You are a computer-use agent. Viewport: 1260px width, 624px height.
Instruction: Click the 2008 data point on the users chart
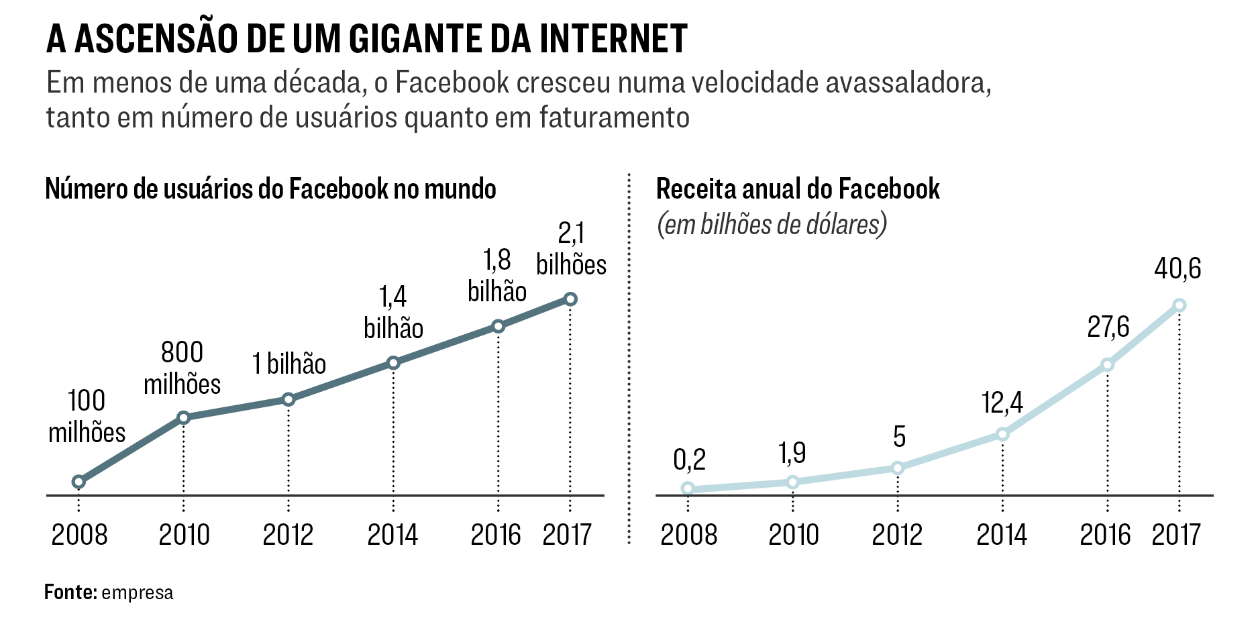pos(78,482)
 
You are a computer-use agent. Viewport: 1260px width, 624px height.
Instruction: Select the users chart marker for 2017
pos(570,299)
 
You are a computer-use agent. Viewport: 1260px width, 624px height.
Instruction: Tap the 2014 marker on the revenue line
pos(1002,434)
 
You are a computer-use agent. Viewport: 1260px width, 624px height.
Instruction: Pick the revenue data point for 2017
pos(1179,305)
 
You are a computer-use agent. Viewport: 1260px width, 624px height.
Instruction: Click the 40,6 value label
pos(1177,269)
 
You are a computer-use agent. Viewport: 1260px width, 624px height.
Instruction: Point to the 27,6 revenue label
pos(1108,327)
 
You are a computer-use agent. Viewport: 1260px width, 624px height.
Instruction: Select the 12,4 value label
pos(1002,403)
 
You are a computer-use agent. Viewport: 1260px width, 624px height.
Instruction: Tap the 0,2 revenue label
pos(689,460)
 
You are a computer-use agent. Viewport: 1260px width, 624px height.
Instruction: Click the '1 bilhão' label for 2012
pos(289,364)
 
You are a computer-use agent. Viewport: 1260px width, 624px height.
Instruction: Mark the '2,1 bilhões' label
pos(571,249)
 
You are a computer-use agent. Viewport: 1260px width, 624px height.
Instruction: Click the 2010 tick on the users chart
pos(184,535)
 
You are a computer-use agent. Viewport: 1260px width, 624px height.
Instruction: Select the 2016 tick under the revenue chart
pos(1105,535)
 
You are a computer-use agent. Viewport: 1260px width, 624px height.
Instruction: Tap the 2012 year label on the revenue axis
pos(897,535)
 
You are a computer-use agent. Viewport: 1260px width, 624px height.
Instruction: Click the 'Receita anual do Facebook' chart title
pos(798,189)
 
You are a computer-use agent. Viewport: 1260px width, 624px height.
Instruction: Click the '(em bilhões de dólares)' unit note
pos(772,225)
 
